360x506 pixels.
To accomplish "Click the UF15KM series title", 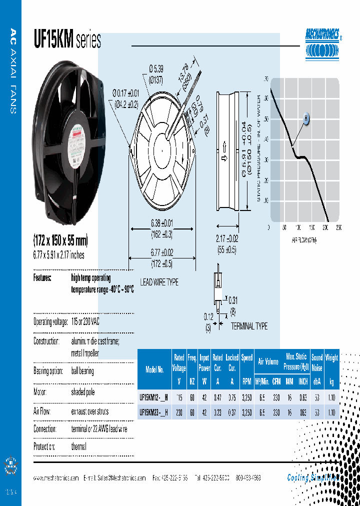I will pyautogui.click(x=67, y=40).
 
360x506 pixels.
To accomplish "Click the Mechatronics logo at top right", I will pyautogui.click(x=324, y=43).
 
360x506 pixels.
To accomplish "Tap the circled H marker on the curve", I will pyautogui.click(x=306, y=118).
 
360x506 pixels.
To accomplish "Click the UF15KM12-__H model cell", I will pyautogui.click(x=153, y=397).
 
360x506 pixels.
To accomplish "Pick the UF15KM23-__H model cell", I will pyautogui.click(x=153, y=412).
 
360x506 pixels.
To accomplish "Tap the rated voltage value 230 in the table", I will pyautogui.click(x=179, y=412).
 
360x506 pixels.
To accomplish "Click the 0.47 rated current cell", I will pyautogui.click(x=217, y=397).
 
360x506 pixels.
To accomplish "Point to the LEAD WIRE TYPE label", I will pyautogui.click(x=158, y=282).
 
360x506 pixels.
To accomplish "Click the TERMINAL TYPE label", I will pyautogui.click(x=249, y=326).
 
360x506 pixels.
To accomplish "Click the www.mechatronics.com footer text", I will pyautogui.click(x=56, y=478).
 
